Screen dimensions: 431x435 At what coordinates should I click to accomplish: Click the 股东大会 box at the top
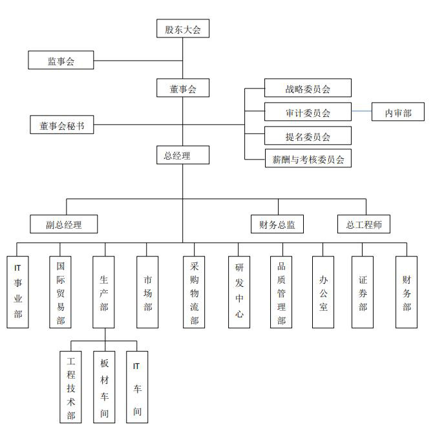[x=183, y=29]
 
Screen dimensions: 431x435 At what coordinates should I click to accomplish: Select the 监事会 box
[x=61, y=61]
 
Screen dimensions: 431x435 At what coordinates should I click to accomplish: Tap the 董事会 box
[x=183, y=89]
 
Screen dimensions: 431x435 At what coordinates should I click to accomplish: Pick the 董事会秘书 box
[x=61, y=126]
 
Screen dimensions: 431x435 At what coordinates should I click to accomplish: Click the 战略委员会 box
[x=308, y=89]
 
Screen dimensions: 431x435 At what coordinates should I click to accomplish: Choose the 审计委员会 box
[x=308, y=112]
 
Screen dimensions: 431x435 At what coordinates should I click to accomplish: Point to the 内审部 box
[x=398, y=113]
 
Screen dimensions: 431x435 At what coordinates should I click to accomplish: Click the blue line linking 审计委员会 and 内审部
[x=361, y=112]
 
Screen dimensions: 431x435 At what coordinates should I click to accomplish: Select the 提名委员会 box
[x=308, y=136]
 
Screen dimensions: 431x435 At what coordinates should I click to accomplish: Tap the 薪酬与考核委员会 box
[x=308, y=159]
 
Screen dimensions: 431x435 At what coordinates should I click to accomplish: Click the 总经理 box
[x=183, y=155]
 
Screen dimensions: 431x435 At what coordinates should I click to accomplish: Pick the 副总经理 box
[x=63, y=224]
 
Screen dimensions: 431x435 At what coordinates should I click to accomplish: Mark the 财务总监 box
[x=277, y=224]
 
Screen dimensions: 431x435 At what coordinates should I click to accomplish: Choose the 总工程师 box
[x=364, y=224]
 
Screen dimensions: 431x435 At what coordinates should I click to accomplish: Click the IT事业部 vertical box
[x=18, y=291]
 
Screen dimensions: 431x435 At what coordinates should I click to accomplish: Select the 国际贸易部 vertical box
[x=60, y=291]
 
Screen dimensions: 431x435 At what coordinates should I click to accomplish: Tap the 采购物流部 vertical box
[x=194, y=293]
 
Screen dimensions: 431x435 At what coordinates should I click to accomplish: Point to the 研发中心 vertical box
[x=239, y=291]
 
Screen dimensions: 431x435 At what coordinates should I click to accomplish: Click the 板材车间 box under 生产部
[x=105, y=387]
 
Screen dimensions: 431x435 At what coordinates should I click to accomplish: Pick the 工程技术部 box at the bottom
[x=71, y=387]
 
